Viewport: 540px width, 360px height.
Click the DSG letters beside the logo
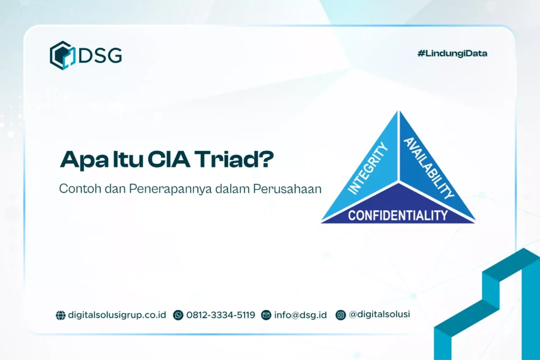coord(100,55)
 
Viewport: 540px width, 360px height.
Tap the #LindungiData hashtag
coord(452,53)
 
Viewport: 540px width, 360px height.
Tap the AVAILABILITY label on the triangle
coord(429,167)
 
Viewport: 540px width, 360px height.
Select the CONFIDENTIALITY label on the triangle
coord(398,215)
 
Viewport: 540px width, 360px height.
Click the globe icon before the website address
coord(61,315)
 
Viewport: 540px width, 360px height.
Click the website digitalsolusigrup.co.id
coord(117,315)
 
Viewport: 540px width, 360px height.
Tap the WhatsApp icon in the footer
coord(178,315)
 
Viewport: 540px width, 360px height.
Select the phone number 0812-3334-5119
coord(220,315)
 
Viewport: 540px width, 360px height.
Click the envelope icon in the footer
coord(266,315)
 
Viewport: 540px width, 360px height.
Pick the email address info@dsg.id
coord(301,315)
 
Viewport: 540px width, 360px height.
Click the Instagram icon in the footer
coord(341,315)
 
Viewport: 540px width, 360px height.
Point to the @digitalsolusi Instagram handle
coord(380,315)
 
